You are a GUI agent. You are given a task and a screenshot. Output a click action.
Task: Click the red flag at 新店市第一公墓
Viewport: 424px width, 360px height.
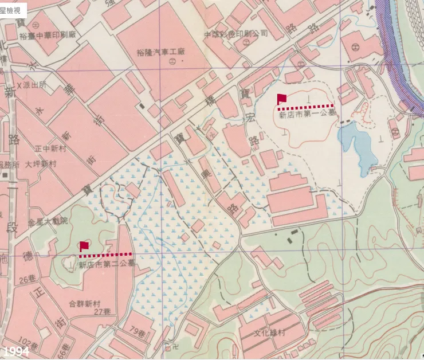coord(281,99)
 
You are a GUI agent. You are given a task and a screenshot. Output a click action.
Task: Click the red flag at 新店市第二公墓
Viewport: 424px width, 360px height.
coord(84,246)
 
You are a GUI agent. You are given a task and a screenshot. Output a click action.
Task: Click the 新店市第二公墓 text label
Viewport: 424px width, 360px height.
coord(107,264)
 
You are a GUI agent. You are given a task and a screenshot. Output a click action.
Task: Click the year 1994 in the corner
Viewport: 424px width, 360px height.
coord(15,350)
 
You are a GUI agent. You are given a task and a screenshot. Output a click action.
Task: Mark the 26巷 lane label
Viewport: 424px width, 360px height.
coord(28,280)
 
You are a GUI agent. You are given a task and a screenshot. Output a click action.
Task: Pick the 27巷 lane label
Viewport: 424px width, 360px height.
coord(102,311)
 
